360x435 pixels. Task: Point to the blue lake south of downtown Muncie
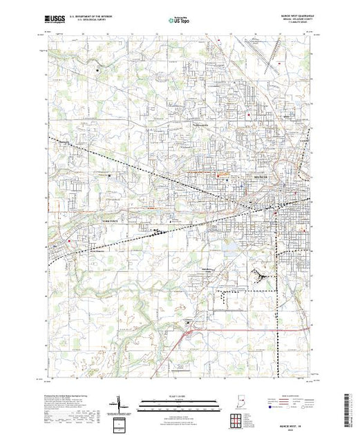(x=237, y=243)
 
